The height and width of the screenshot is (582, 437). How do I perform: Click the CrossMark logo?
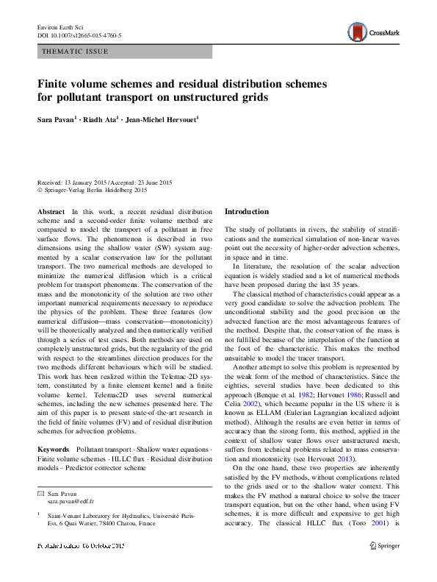(372, 32)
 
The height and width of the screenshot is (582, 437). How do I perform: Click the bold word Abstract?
(51, 212)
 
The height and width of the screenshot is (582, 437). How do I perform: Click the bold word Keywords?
(53, 448)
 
